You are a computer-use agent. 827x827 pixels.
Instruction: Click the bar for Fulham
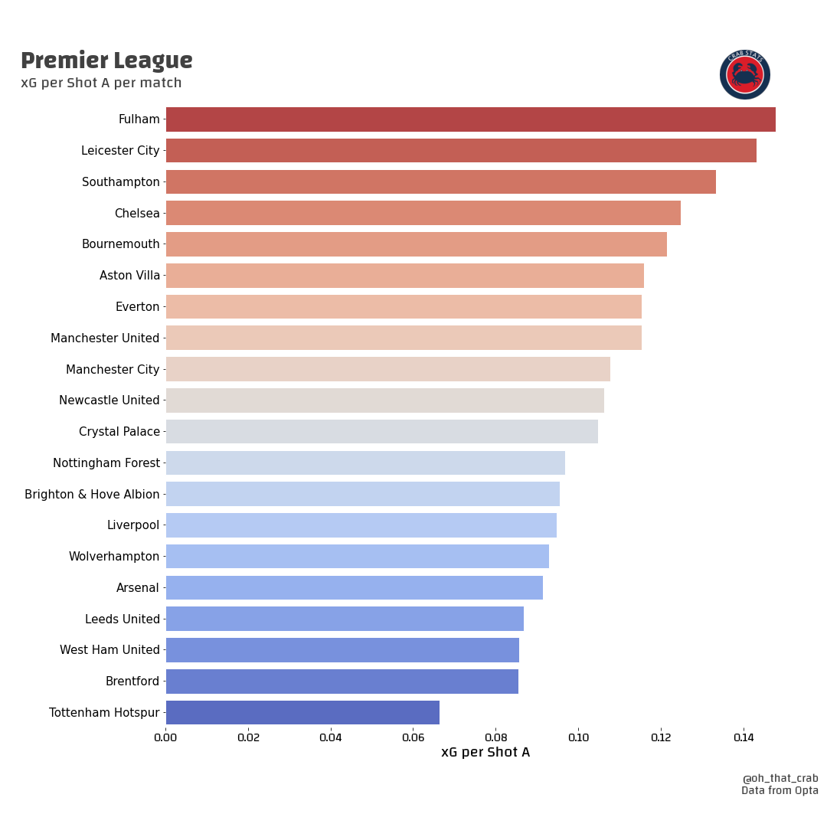[x=470, y=119]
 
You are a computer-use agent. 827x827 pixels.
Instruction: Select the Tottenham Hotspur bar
[x=302, y=712]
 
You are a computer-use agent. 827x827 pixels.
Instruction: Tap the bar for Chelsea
[x=423, y=213]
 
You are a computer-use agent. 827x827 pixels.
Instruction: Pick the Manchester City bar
[x=387, y=369]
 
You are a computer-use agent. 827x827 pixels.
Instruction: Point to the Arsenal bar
[x=354, y=587]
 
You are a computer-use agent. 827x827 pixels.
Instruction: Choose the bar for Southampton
[x=440, y=181]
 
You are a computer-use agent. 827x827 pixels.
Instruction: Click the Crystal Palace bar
[x=381, y=431]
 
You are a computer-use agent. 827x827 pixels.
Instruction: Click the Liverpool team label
[x=133, y=525]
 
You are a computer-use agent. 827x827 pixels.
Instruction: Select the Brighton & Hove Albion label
[x=92, y=494]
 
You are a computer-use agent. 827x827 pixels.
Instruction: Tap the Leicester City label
[x=120, y=151]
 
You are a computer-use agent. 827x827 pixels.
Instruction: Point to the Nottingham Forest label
[x=106, y=463]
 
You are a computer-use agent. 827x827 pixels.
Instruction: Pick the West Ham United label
[x=110, y=650]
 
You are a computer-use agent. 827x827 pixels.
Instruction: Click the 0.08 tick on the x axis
[x=495, y=737]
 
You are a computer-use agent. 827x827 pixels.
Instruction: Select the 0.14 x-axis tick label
[x=743, y=737]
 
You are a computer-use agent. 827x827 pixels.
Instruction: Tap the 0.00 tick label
[x=165, y=737]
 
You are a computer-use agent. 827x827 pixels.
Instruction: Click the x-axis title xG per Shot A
[x=485, y=753]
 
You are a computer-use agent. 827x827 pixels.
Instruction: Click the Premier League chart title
[x=106, y=60]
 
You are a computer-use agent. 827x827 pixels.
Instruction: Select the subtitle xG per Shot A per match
[x=101, y=83]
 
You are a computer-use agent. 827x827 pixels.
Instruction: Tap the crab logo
[x=744, y=74]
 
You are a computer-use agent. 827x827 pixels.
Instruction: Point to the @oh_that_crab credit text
[x=780, y=778]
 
